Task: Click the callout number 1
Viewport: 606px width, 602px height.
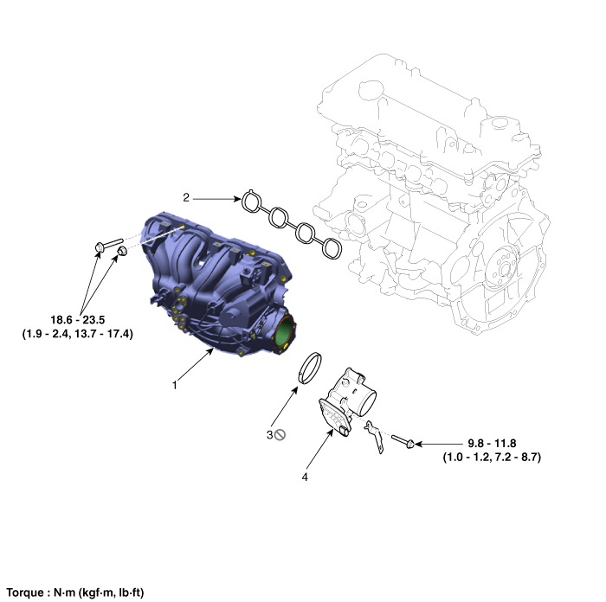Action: point(175,385)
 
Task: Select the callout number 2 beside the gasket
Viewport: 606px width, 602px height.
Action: point(186,198)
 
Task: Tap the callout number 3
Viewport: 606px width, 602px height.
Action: point(270,435)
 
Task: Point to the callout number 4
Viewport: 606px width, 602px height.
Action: point(305,477)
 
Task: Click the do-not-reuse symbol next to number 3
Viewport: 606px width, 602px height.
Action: point(280,435)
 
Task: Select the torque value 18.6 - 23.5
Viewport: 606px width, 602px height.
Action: point(78,320)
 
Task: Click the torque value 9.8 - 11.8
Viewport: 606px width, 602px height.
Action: point(492,444)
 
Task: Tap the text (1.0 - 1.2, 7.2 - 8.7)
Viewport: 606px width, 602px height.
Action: point(492,458)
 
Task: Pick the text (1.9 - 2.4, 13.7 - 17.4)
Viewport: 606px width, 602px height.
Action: point(78,334)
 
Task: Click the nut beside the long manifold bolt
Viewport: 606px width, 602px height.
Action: point(123,251)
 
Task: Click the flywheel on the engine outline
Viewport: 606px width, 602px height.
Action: point(502,269)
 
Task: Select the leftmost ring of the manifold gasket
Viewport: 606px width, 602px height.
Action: point(252,202)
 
